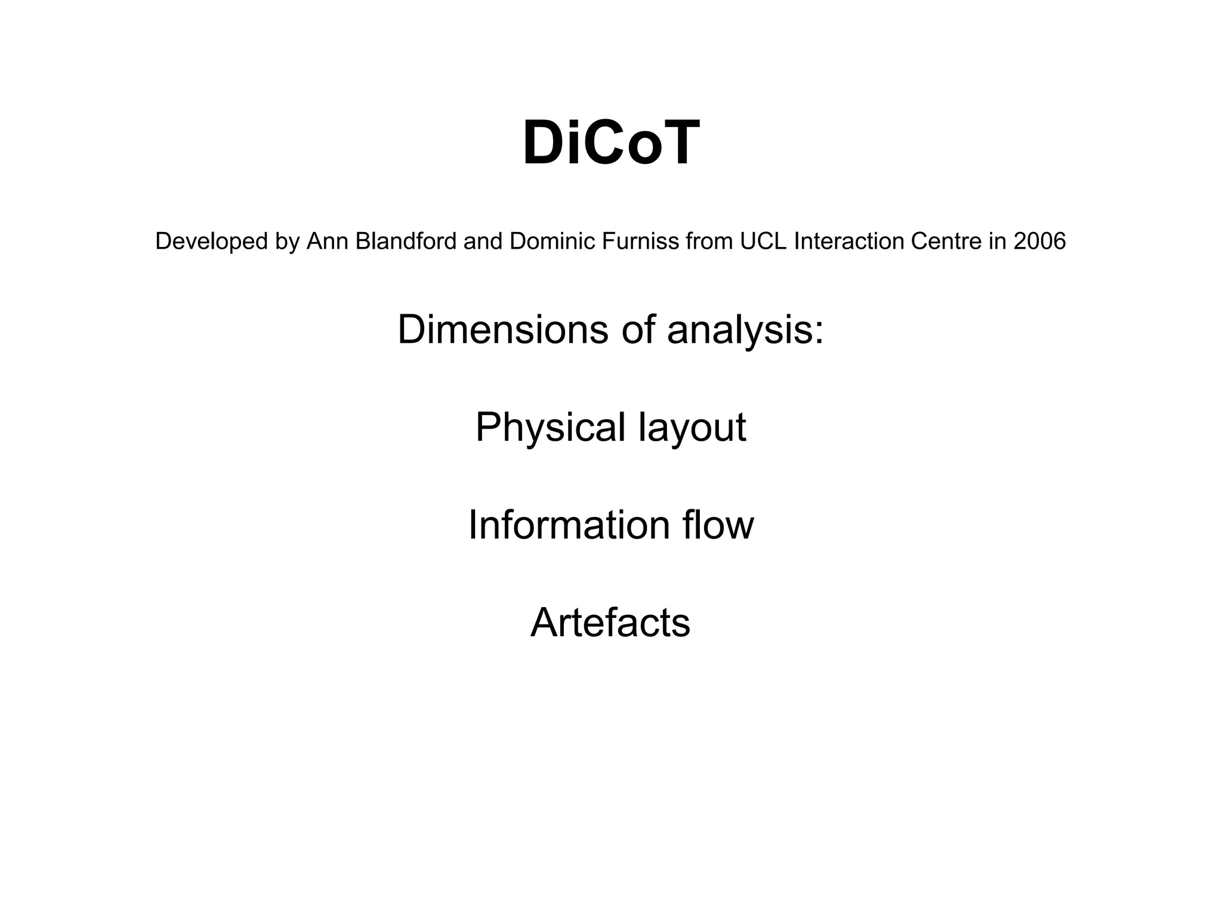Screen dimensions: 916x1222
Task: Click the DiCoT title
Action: pos(610,144)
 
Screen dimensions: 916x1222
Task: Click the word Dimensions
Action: pos(502,330)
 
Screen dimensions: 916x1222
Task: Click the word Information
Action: pos(569,525)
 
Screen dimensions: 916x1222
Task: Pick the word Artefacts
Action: pos(610,623)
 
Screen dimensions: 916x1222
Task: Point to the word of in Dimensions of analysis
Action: pos(637,330)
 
